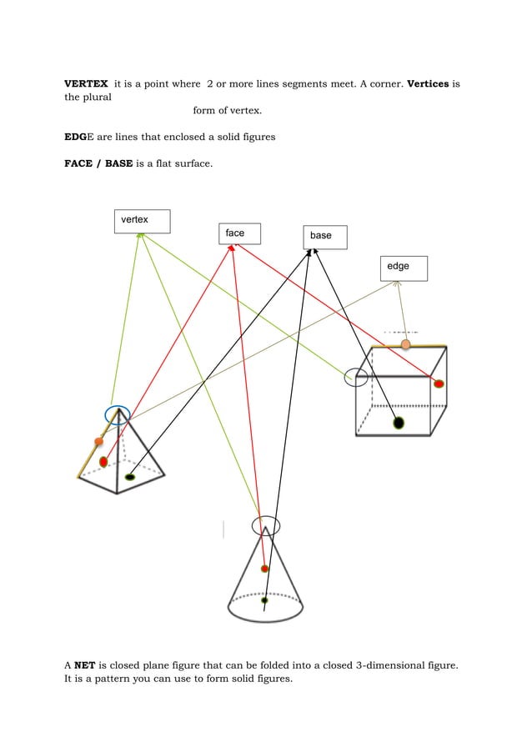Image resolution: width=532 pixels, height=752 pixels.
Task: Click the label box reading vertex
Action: coord(142,221)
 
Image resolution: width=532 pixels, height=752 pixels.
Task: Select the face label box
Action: coord(239,233)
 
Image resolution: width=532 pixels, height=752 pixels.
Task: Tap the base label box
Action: coord(324,237)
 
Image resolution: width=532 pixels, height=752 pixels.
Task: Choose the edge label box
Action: coord(404,268)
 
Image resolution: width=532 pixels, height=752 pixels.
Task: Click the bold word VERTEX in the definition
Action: coord(86,83)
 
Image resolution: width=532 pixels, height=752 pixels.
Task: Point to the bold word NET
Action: coord(83,665)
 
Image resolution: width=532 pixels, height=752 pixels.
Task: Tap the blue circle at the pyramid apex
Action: coord(118,414)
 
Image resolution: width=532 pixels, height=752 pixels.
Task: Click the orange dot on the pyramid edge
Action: coord(98,442)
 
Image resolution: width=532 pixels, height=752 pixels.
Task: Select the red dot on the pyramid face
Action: coord(103,461)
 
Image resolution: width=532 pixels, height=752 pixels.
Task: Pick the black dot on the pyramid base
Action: coord(129,477)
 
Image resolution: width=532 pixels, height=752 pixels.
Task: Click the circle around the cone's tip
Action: coord(266,526)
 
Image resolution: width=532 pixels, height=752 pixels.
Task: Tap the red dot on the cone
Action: coord(264,569)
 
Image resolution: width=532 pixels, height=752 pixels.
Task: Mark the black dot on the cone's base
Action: coord(264,600)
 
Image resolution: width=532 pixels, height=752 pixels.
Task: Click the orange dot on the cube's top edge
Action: coord(405,344)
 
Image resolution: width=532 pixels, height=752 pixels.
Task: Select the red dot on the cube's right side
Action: coord(439,384)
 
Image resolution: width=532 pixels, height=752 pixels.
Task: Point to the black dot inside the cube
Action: coord(399,423)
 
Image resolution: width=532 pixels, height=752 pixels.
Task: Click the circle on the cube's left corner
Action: coord(356,378)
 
